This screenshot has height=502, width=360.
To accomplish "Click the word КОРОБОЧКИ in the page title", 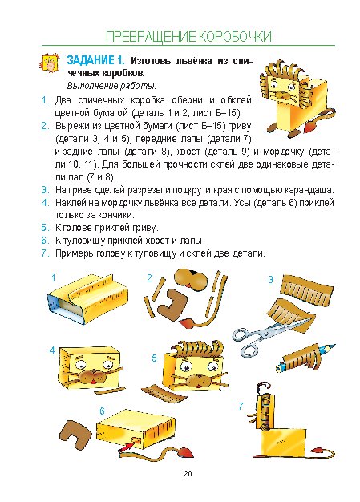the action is tap(235, 37).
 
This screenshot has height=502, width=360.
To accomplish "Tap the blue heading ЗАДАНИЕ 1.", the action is tap(95, 60).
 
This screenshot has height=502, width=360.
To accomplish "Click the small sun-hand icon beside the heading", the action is tap(50, 63).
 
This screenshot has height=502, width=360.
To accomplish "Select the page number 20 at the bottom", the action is tap(188, 473).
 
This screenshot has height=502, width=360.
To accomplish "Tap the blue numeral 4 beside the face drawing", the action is tap(52, 350).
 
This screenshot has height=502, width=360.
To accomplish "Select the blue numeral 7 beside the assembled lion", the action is tap(241, 407).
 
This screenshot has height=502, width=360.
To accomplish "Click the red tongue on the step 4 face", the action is tap(92, 382).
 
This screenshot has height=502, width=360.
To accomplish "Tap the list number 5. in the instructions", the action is tap(45, 228).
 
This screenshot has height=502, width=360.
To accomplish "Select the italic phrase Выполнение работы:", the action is tap(111, 86).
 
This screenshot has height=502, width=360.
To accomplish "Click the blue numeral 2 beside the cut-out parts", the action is tap(149, 278).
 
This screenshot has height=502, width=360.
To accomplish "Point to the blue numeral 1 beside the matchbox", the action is tap(54, 278).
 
